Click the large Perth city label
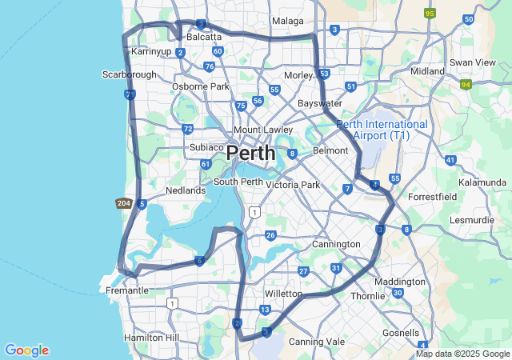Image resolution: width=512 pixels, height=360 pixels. (x=250, y=152)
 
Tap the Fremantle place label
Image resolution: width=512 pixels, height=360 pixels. (x=127, y=290)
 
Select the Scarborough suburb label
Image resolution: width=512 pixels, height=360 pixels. (x=130, y=74)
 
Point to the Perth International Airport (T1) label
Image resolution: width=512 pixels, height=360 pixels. (x=382, y=130)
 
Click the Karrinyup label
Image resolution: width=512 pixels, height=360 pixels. (x=151, y=51)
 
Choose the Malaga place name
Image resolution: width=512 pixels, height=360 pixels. (x=288, y=21)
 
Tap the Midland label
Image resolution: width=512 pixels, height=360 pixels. (x=427, y=70)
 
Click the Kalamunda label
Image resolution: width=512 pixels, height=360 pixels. (x=482, y=182)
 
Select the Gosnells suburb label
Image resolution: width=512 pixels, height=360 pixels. (x=401, y=332)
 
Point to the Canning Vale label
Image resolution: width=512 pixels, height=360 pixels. (x=317, y=342)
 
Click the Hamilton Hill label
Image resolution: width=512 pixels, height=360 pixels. (x=152, y=338)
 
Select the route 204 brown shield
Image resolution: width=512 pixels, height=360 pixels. (x=123, y=203)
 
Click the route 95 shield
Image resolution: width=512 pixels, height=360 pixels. (x=430, y=14)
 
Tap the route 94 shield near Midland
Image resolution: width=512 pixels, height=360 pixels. (x=466, y=83)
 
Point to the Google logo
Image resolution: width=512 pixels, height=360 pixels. (x=26, y=350)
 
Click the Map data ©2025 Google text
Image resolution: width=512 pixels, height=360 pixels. (x=462, y=354)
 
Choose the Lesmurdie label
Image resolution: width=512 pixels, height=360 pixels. (x=474, y=219)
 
